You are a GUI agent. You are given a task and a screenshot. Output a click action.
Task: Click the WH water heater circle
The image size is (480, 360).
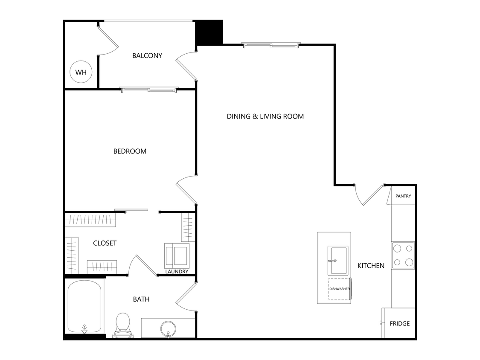pyautogui.click(x=81, y=72)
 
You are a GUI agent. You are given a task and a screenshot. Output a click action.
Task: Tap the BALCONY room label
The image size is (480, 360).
pyautogui.click(x=147, y=55)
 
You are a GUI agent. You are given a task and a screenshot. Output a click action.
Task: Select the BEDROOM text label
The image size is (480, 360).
pyautogui.click(x=130, y=151)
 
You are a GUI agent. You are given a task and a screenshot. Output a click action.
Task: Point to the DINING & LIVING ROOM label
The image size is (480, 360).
pyautogui.click(x=265, y=116)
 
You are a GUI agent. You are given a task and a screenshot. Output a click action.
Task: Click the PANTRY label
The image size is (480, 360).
pyautogui.click(x=403, y=196)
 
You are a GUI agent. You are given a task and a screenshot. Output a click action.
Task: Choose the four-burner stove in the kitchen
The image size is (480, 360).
pyautogui.click(x=403, y=255)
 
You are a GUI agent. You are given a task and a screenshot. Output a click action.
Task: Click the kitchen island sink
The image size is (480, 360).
pyautogui.click(x=339, y=260)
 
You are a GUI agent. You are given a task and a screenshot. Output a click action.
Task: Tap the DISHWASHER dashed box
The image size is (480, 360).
pyautogui.click(x=339, y=289)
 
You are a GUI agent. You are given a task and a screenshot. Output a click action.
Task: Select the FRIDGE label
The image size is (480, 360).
pyautogui.click(x=399, y=323)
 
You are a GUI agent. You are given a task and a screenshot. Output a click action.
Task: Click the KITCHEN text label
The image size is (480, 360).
pyautogui.click(x=371, y=266)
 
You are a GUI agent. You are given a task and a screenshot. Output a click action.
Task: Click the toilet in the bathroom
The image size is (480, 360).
pyautogui.click(x=123, y=324)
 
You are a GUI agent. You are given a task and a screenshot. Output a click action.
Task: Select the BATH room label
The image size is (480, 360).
pyautogui.click(x=141, y=299)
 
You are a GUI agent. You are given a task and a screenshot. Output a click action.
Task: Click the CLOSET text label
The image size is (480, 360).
pyautogui.click(x=105, y=243)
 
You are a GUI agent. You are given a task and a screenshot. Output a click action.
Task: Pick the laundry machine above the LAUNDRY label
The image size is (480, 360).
pyautogui.click(x=177, y=255)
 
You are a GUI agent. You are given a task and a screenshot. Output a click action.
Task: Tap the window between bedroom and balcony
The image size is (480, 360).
pyautogui.click(x=148, y=90)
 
